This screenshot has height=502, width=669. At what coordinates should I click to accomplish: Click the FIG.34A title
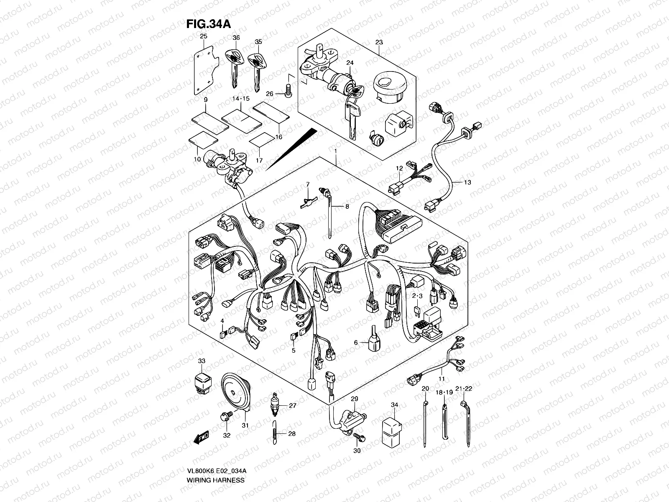coord(208,24)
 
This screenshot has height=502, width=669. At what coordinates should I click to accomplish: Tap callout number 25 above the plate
coord(203,36)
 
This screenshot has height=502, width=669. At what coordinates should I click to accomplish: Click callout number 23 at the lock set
coord(379,42)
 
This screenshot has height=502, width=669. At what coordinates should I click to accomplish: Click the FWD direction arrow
coord(202,438)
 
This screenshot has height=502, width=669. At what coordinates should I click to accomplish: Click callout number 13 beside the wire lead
coord(467,182)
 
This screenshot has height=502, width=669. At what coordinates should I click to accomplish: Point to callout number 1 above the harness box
coord(334,150)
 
